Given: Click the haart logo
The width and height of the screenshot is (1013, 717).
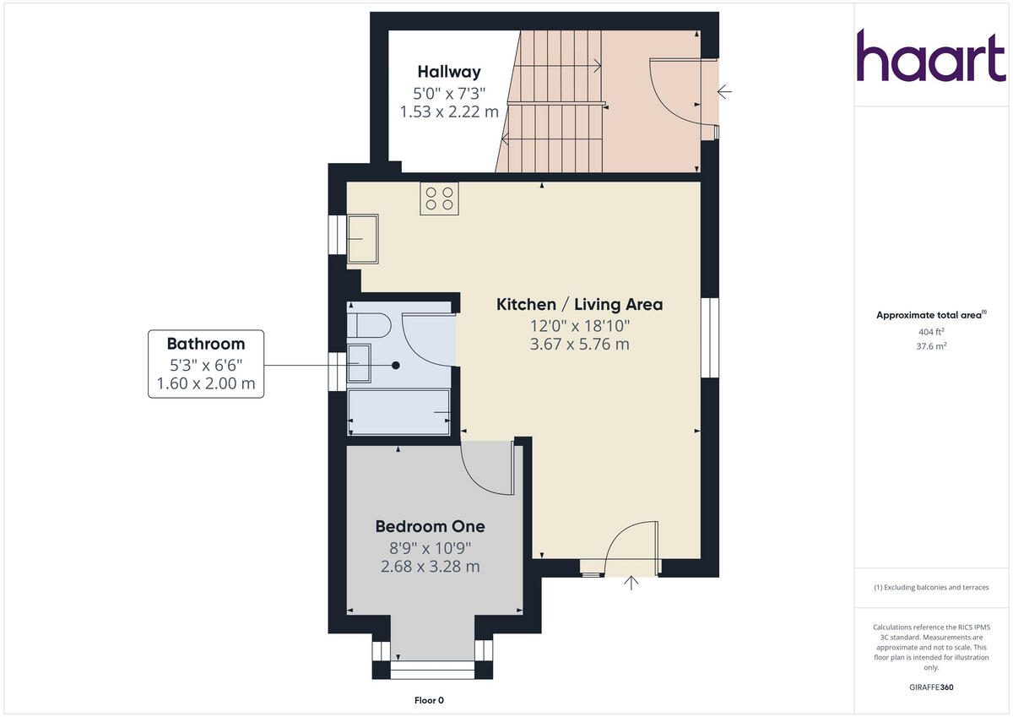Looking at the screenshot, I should coord(931,56).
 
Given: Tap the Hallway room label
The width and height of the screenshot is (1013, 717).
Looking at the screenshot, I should coord(449,72).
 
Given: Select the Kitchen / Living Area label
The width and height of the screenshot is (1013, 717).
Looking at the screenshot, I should coord(579,305).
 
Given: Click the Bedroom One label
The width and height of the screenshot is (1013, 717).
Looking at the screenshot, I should coord(430,526).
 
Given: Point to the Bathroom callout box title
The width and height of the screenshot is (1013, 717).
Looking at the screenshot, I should coord(205,344).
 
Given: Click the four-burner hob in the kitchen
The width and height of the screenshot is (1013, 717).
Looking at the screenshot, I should coord(439,198).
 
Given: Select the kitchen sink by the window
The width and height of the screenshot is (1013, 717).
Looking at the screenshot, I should coord(363,238).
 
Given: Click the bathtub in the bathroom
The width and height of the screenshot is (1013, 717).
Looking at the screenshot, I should coord(399,411).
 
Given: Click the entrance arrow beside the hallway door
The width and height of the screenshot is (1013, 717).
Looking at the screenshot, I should coord(724,91).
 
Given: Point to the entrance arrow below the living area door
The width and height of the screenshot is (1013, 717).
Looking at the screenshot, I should coord(631,583).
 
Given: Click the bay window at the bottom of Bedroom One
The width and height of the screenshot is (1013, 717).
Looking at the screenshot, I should coord(432,667).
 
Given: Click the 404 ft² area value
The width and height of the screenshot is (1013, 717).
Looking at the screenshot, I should coord(931,331).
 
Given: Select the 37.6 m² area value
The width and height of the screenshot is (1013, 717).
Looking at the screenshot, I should coord(931,345).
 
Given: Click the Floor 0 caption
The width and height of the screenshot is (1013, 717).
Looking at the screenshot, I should coord(429,700).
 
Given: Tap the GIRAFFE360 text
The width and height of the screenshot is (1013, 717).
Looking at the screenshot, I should coord(931,687).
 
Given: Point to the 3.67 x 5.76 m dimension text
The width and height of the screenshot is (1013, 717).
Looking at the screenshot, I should coord(579,344).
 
